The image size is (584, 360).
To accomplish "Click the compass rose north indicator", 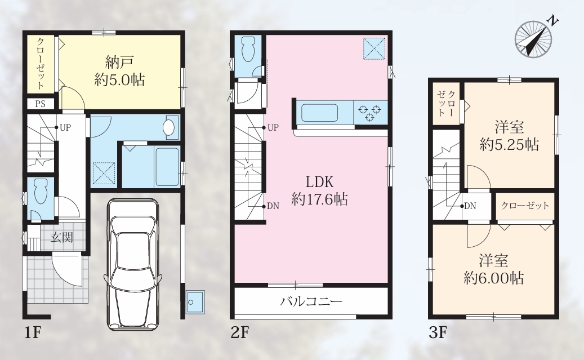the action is [533, 38].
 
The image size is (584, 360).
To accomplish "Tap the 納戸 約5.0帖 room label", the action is [119, 71].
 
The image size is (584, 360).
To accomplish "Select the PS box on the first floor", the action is [40, 104].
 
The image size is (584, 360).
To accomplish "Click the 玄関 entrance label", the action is [62, 237].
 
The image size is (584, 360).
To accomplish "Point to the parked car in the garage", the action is [132, 264].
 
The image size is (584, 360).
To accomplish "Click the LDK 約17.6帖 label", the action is [319, 190].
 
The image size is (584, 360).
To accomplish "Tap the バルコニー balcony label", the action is [311, 301].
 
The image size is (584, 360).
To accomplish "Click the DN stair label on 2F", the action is [273, 206].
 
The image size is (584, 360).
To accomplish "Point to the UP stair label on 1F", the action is [65, 127].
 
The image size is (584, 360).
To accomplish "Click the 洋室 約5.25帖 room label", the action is [510, 136].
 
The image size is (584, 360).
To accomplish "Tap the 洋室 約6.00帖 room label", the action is [494, 269].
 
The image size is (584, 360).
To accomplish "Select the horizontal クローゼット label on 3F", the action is [525, 206].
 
